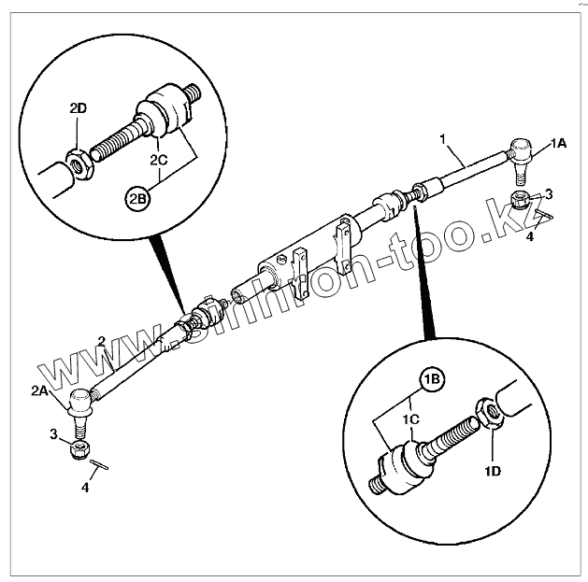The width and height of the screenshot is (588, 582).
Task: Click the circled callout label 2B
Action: [137, 198]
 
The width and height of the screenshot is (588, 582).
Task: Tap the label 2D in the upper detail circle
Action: [79, 108]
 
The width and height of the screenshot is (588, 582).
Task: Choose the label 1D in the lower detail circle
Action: [494, 471]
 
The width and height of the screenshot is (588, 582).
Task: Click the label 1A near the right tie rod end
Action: [558, 142]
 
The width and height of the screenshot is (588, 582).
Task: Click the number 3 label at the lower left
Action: [55, 434]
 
